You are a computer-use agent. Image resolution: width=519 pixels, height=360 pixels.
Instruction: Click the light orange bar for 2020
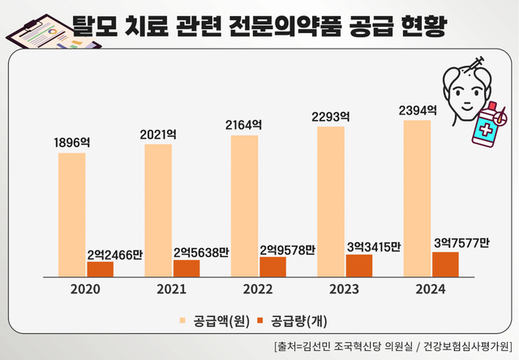click(71, 214)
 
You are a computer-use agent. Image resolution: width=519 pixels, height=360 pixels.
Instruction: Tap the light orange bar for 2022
click(244, 205)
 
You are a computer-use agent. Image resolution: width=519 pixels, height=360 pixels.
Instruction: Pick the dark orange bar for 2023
click(358, 265)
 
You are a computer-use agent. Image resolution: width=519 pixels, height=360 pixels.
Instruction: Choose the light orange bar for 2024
click(417, 198)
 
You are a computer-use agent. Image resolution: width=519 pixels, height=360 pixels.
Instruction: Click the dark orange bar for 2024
click(445, 264)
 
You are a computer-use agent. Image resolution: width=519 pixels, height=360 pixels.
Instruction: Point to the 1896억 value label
click(71, 143)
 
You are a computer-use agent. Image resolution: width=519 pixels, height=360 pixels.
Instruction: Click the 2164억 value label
click(244, 125)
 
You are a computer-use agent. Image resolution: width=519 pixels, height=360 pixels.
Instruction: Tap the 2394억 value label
click(418, 109)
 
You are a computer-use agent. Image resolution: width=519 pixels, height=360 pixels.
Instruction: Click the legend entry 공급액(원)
click(213, 320)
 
